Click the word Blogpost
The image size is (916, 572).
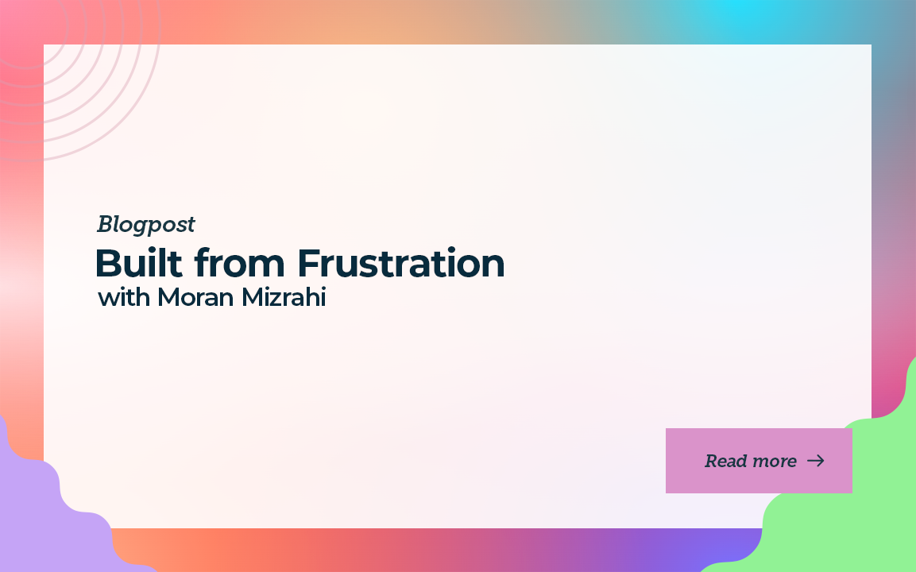click(146, 225)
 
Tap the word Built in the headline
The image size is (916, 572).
click(139, 263)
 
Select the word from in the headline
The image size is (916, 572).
click(240, 263)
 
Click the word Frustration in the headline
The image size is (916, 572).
click(401, 263)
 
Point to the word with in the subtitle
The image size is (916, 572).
click(124, 297)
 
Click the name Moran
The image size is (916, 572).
click(195, 297)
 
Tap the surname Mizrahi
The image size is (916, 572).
click(284, 297)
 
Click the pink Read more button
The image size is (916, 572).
click(759, 461)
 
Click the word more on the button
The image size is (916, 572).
click(773, 462)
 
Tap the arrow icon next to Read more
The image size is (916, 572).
click(816, 461)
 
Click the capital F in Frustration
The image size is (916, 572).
click(310, 264)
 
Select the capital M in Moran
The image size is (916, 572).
click(169, 297)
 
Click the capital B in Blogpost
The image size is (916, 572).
click(105, 224)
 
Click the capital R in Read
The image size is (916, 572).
click(712, 461)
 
